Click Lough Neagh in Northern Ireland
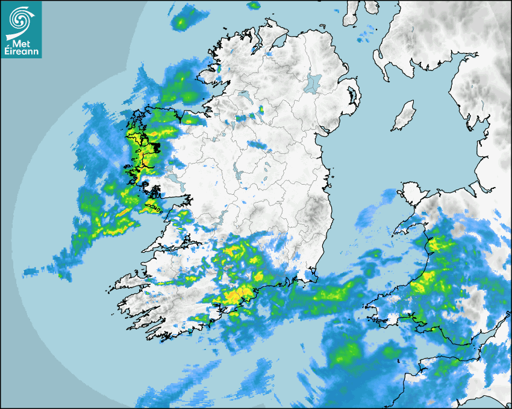point(314,82)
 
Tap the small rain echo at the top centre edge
point(254,5)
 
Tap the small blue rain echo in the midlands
point(257,144)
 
